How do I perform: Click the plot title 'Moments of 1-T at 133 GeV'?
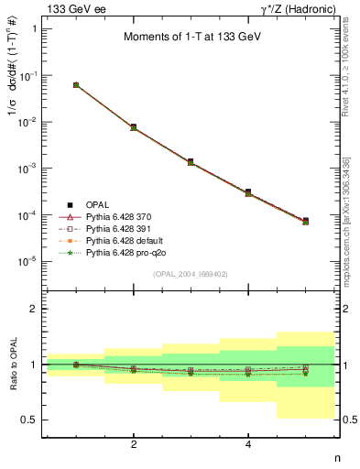click(x=191, y=38)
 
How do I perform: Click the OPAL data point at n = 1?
click(x=76, y=85)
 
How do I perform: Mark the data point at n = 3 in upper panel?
click(x=191, y=161)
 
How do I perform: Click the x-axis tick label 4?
click(x=248, y=444)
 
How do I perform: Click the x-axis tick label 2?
click(x=134, y=444)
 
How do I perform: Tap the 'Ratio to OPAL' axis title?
click(x=12, y=365)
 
